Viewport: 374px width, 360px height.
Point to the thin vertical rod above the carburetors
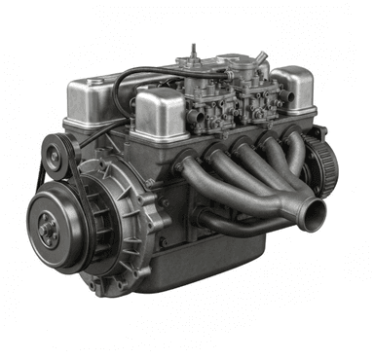pos(195,50)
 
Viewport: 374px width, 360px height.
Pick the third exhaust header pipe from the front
pos(268,161)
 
